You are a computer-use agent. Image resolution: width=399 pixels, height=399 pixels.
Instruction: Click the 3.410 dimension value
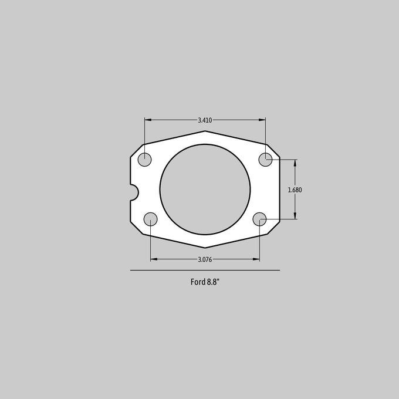click(x=205, y=120)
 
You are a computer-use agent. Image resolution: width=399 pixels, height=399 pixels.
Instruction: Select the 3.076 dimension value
click(x=205, y=259)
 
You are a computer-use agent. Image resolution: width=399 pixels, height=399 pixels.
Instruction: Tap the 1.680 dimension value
click(x=295, y=190)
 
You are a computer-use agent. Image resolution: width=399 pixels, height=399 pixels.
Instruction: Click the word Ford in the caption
click(x=198, y=282)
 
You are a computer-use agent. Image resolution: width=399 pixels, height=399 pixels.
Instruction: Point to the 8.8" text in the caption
click(x=213, y=282)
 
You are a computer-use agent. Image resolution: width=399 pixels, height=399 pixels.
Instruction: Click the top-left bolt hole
click(x=144, y=160)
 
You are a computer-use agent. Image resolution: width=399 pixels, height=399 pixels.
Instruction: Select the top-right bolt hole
click(x=265, y=160)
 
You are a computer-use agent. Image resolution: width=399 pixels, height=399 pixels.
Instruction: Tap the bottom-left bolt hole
click(x=150, y=219)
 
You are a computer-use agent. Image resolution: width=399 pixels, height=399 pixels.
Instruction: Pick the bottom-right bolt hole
click(x=259, y=219)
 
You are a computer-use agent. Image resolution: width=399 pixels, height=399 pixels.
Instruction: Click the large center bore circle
click(x=160, y=190)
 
